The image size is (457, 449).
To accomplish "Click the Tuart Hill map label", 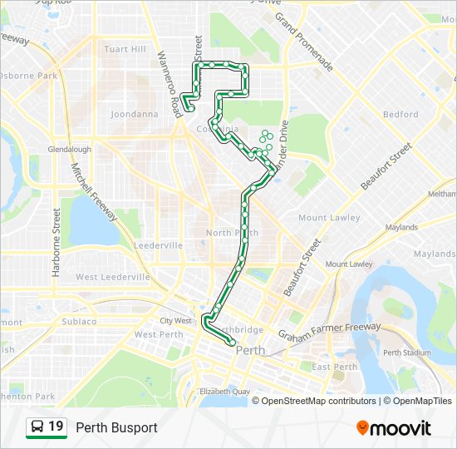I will pyautogui.click(x=125, y=49).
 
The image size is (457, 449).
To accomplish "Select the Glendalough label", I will pyautogui.click(x=70, y=150).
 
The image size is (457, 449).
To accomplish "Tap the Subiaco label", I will pyautogui.click(x=79, y=321).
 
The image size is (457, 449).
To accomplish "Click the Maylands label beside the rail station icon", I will pyautogui.click(x=401, y=227).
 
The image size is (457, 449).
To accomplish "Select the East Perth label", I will pyautogui.click(x=334, y=367).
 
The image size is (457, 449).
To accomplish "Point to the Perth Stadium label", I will pyautogui.click(x=407, y=353).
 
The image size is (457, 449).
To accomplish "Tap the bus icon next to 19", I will pyautogui.click(x=37, y=427).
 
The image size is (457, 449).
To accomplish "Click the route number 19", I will pyautogui.click(x=57, y=427).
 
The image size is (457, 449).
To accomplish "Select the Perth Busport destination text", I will pyautogui.click(x=116, y=427).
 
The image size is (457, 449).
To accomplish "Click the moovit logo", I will pyautogui.click(x=394, y=427).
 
